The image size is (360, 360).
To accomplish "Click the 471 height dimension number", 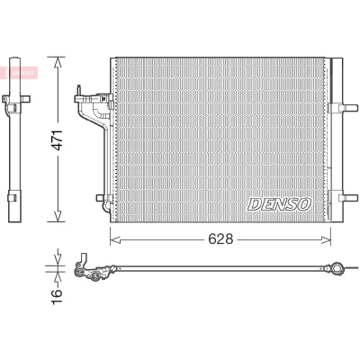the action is coord(57,140).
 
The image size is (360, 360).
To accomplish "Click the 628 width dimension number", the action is coord(220,239).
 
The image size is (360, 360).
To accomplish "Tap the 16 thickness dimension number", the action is coord(57,297).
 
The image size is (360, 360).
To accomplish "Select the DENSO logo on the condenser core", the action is coord(279,204).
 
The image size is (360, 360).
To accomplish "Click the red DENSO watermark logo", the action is coord(20,73).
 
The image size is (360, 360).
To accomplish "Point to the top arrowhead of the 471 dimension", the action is coord(57,62).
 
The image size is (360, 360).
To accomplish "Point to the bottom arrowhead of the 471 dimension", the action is coord(57,216).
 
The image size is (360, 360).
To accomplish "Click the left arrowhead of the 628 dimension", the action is coord(115,239).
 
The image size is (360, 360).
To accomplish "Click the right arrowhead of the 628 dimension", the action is coord(325,239).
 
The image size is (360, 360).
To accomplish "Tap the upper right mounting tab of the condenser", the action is coord(348,108).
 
